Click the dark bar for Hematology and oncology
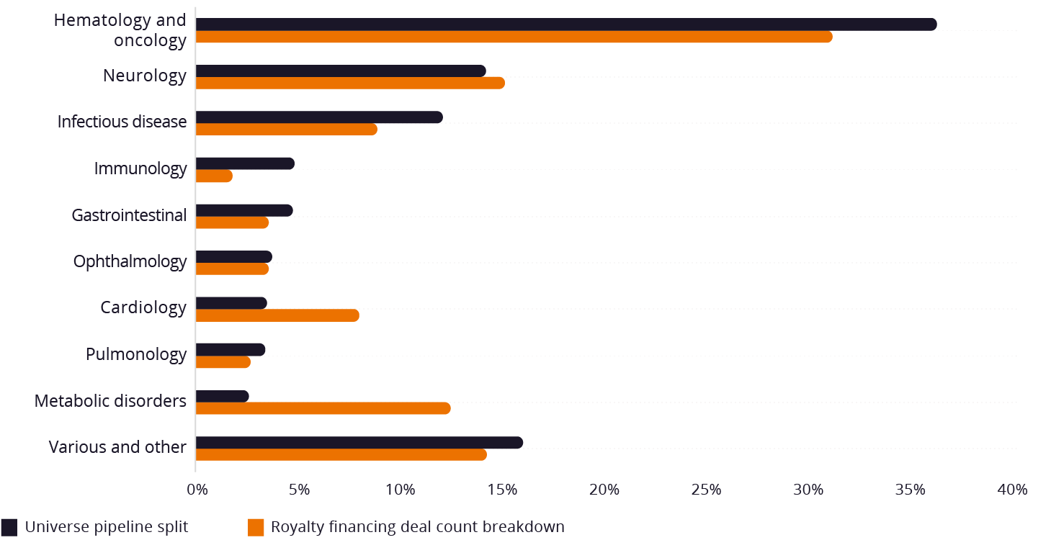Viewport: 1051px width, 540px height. pos(565,24)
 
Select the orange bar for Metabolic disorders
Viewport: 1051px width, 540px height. pos(323,409)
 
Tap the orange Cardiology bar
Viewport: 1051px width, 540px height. pos(277,315)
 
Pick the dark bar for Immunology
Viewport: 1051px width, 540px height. pos(244,163)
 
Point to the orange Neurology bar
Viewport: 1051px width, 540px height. pos(349,83)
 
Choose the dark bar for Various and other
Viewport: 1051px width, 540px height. pos(359,443)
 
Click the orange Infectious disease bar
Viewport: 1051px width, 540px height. pos(286,130)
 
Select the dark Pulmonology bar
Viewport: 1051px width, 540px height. pos(230,350)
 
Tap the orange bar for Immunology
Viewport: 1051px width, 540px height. pos(213,176)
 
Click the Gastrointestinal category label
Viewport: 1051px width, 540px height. pos(129,215)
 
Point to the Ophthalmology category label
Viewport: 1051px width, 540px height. pos(130,261)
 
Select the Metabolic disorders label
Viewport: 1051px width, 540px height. pos(110,400)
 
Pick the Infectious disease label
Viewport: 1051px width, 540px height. pos(122,122)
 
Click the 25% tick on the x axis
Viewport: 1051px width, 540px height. pos(706,490)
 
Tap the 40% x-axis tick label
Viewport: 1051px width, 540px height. pos(1012,490)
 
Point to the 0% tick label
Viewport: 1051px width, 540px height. pos(196,490)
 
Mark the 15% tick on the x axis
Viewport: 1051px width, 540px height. pos(502,490)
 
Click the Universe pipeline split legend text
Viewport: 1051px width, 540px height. pos(106,527)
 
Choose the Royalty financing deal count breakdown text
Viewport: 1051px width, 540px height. pos(417,527)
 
